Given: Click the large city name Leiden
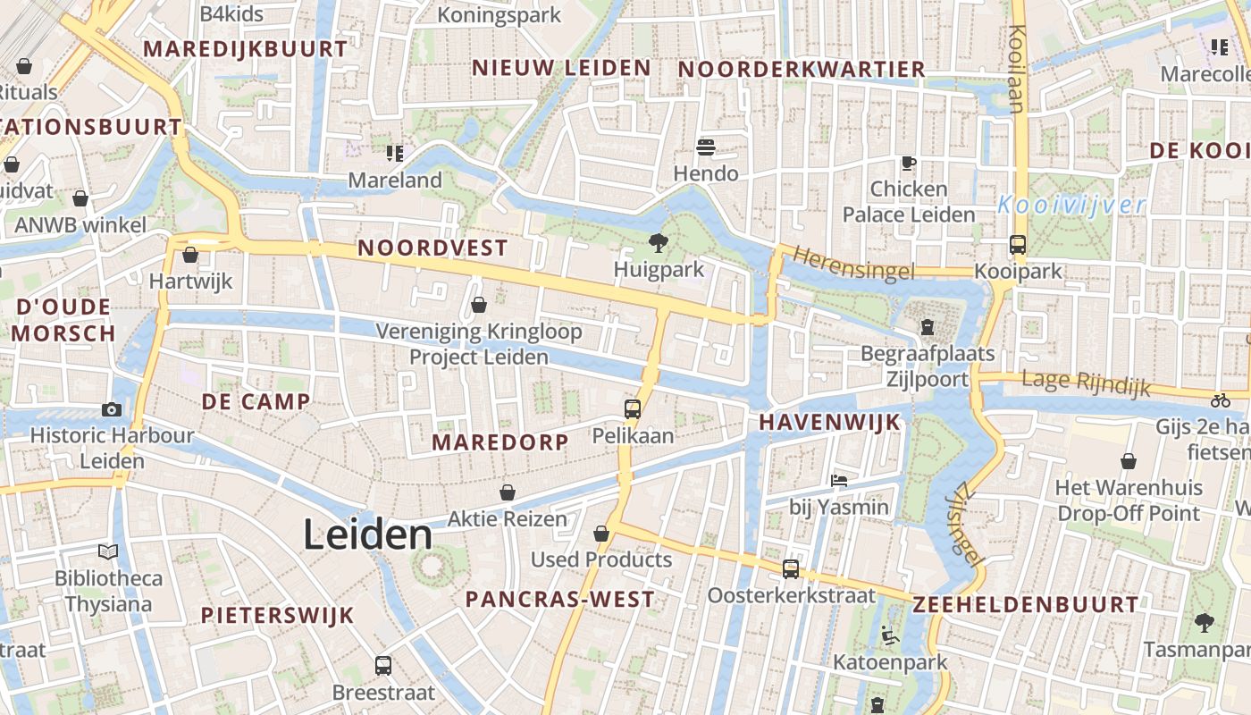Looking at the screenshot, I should point(367,534).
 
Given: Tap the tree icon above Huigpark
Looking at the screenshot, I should point(659,241).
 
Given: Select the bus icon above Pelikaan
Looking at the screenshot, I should point(633,409).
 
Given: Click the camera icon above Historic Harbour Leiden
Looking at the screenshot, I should point(112,409).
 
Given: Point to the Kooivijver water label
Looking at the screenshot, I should point(1071,206).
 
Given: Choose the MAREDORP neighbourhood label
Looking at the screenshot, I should point(500,442).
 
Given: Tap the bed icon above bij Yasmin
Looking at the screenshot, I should point(839,481).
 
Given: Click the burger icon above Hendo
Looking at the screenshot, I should point(706,147).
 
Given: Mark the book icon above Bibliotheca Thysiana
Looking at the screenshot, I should point(108,551).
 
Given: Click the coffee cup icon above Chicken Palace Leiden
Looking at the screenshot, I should point(909,163).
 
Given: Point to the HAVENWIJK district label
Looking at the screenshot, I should point(830,423).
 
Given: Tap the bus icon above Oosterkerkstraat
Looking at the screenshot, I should point(791,568).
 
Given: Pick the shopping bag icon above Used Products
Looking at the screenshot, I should point(601,534).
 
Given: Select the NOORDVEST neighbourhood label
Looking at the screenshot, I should point(432,248).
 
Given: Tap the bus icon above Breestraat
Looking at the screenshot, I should point(383,665).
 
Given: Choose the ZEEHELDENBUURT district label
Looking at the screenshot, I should point(1026,605).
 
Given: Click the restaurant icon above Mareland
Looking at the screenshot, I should point(395,153).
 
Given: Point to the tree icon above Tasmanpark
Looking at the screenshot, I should point(1205,622).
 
